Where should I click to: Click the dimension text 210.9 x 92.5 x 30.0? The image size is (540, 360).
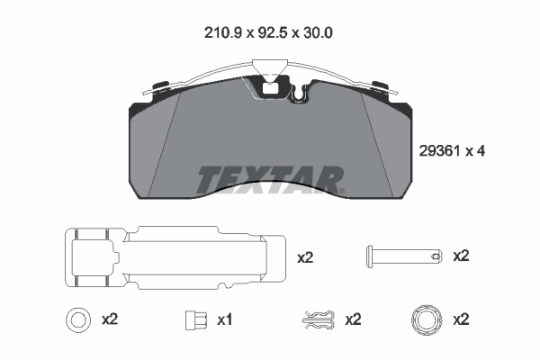pos(268,33)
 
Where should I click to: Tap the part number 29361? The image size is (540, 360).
pos(439,151)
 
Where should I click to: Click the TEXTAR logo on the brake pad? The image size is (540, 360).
pos(270,179)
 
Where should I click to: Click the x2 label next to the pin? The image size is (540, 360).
pos(461,256)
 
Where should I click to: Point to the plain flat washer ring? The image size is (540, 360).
pos(78,320)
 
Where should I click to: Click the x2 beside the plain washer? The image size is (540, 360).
pos(110,319)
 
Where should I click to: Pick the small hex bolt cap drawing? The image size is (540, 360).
pos(196,320)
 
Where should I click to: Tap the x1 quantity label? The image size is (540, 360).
pos(224,320)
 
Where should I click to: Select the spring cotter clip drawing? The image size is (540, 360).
pos(319,319)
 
